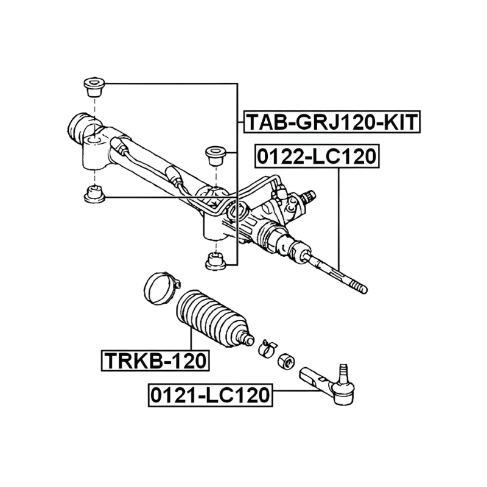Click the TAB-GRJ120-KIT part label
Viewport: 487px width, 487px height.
[x=332, y=122]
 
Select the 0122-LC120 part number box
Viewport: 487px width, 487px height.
[x=317, y=156]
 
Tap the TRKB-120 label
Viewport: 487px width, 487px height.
[x=155, y=360]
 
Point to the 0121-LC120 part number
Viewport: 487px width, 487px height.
[x=210, y=395]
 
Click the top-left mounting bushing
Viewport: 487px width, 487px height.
[x=94, y=87]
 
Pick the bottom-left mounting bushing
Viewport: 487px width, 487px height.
[x=94, y=194]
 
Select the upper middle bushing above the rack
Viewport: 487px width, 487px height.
[x=216, y=155]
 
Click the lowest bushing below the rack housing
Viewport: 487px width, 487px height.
[x=216, y=261]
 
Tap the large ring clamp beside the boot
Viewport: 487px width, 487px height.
[x=161, y=287]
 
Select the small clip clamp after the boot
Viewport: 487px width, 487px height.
[x=267, y=348]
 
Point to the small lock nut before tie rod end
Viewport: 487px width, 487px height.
[x=286, y=360]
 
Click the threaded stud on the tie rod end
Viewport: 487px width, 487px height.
[x=343, y=373]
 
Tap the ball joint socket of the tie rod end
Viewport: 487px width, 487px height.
[x=343, y=393]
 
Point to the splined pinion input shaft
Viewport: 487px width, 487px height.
[x=309, y=196]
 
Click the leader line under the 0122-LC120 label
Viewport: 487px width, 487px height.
[x=339, y=219]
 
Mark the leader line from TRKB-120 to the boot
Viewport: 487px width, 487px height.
[x=191, y=339]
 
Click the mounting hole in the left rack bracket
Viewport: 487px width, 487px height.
[x=94, y=141]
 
